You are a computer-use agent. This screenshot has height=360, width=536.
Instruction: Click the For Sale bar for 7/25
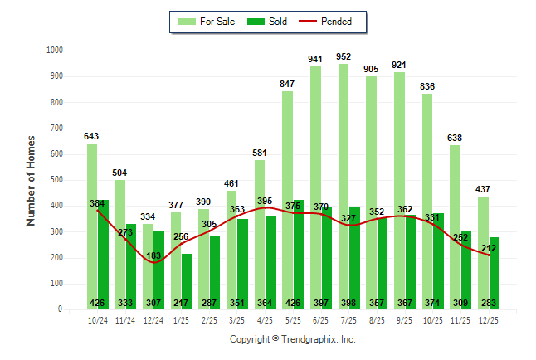(344, 182)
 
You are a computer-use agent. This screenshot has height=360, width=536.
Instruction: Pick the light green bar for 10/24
(92, 224)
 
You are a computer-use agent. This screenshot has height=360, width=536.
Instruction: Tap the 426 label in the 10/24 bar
(99, 303)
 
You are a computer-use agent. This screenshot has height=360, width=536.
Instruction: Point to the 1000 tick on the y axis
(54, 51)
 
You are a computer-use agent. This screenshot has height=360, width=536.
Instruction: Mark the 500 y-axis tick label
(56, 180)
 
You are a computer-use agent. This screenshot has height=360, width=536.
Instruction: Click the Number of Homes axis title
(32, 180)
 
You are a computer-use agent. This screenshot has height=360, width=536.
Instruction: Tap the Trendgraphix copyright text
(292, 339)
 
